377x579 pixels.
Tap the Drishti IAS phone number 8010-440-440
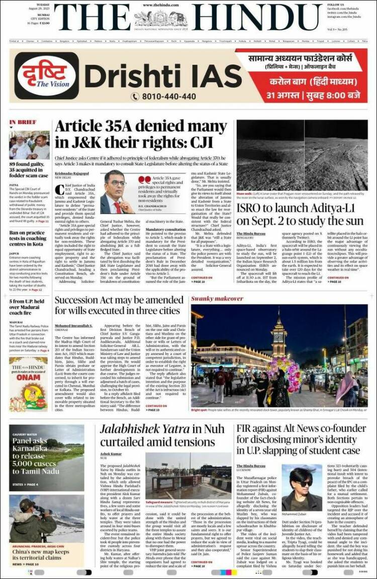[155, 96]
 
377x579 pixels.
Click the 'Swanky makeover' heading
[210, 299]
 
